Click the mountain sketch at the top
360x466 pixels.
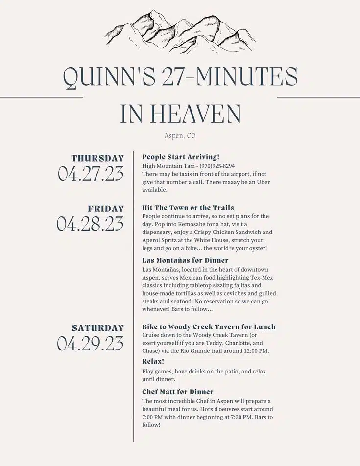pyautogui.click(x=180, y=31)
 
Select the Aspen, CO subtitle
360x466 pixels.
pyautogui.click(x=180, y=136)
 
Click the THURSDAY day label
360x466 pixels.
pyautogui.click(x=97, y=158)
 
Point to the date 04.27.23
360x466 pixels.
pyautogui.click(x=91, y=174)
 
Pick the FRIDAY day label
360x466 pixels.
pyautogui.click(x=106, y=209)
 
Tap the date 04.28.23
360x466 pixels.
pyautogui.click(x=91, y=224)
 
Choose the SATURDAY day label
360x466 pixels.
pyautogui.click(x=98, y=328)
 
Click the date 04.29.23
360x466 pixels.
pyautogui.click(x=91, y=343)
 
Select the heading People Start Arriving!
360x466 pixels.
pyautogui.click(x=181, y=157)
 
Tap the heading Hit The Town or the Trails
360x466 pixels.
pyautogui.click(x=188, y=208)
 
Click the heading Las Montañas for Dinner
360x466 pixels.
pyautogui.click(x=185, y=260)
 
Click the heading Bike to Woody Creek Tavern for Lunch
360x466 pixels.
pyautogui.click(x=209, y=326)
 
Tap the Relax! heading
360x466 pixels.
pyautogui.click(x=153, y=361)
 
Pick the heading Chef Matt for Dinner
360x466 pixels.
pyautogui.click(x=178, y=392)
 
